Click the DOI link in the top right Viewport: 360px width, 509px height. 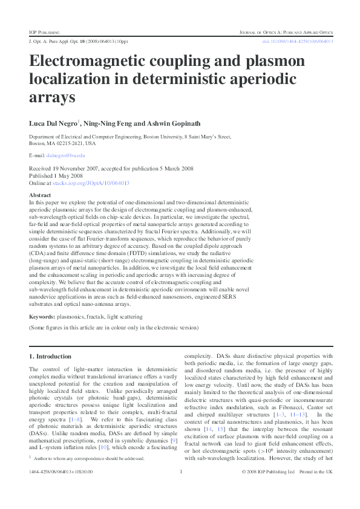point(297,41)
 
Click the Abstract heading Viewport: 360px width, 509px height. point(40,195)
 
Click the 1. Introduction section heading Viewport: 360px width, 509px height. point(50,357)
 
